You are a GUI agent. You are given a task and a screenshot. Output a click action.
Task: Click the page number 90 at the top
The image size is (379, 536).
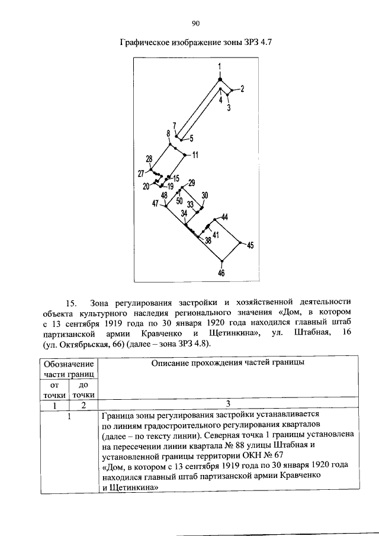197,23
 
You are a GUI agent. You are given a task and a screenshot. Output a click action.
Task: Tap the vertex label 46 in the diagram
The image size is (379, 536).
221,273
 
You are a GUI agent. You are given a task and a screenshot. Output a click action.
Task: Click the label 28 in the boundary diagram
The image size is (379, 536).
149,159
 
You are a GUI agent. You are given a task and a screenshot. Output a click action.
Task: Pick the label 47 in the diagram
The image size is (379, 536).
155,203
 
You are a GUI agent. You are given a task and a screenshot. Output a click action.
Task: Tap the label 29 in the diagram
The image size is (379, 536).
191,182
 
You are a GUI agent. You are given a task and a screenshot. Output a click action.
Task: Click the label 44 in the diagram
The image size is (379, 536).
224,217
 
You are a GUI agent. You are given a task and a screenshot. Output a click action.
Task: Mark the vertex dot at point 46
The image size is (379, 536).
221,261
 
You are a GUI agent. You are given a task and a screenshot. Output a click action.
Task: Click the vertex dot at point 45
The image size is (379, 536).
240,242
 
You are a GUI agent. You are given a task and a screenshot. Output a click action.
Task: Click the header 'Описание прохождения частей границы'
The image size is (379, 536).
227,362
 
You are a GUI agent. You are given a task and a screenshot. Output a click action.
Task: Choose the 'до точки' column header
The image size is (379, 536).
84,391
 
